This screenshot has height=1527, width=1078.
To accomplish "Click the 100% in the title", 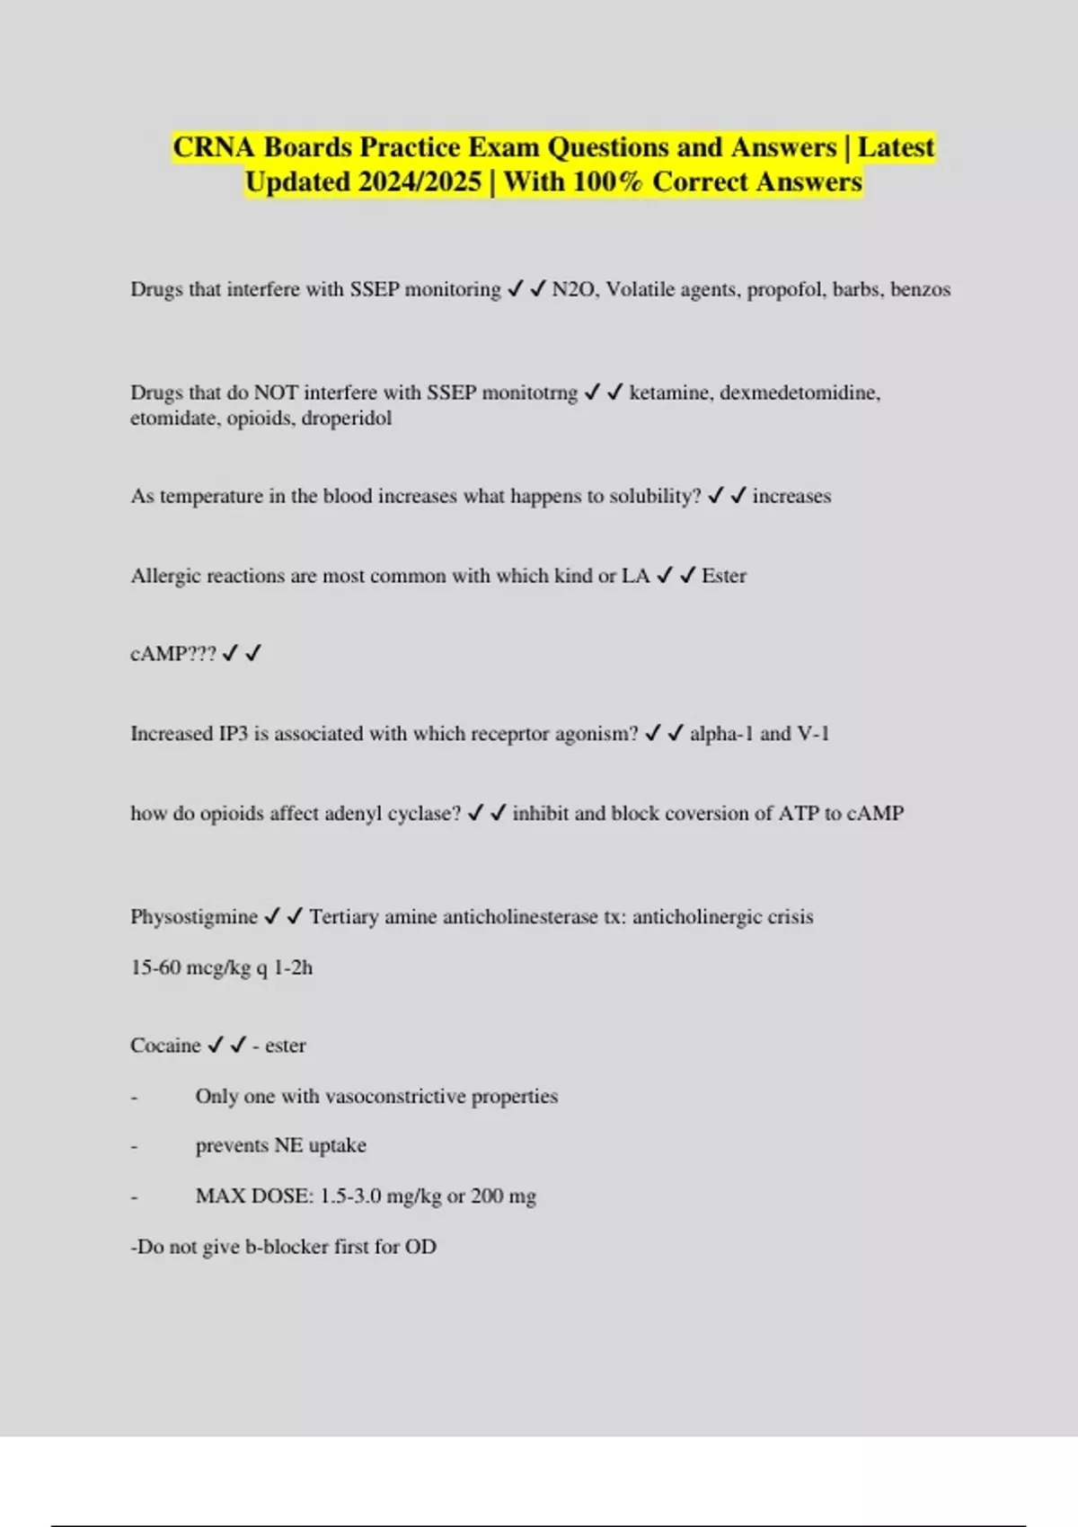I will tap(607, 182).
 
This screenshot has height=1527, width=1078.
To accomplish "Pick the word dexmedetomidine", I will tap(800, 393).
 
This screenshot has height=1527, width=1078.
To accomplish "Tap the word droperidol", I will tap(347, 419).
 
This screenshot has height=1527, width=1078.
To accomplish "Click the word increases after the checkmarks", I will tap(791, 496).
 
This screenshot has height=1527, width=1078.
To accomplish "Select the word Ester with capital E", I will tap(724, 576).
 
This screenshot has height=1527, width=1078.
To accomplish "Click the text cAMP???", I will tap(173, 654).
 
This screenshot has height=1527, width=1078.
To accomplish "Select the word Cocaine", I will tap(165, 1046).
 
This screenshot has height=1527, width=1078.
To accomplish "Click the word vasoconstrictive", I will tap(395, 1097).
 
